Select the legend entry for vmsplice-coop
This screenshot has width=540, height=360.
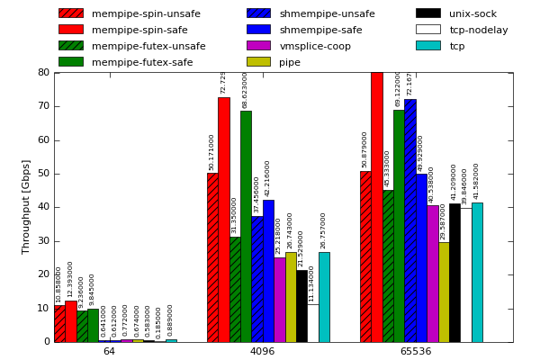click(315, 46)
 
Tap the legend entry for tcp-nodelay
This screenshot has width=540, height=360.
click(479, 30)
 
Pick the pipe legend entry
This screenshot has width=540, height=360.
click(290, 62)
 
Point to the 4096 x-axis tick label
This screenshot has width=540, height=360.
click(262, 351)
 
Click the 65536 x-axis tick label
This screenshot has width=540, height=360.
click(415, 351)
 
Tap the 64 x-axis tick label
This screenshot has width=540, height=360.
click(109, 351)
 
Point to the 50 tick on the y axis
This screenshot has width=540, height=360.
click(44, 174)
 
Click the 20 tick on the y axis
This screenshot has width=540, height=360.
click(44, 274)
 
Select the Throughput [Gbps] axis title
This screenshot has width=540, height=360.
click(26, 207)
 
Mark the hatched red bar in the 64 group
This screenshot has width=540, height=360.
click(59, 323)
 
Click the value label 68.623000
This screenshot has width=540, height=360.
click(246, 90)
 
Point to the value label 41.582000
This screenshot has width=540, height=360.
click(477, 181)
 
